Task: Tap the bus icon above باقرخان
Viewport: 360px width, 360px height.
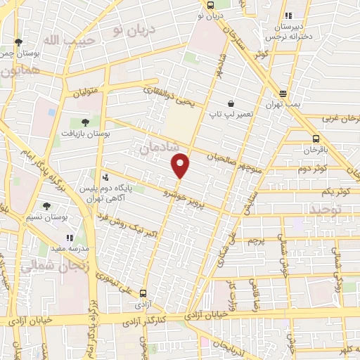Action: click(315, 139)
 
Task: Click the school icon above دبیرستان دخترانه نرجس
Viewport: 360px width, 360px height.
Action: click(287, 16)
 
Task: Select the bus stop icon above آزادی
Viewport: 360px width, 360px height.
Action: click(143, 294)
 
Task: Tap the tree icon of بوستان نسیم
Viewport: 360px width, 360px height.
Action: click(46, 206)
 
